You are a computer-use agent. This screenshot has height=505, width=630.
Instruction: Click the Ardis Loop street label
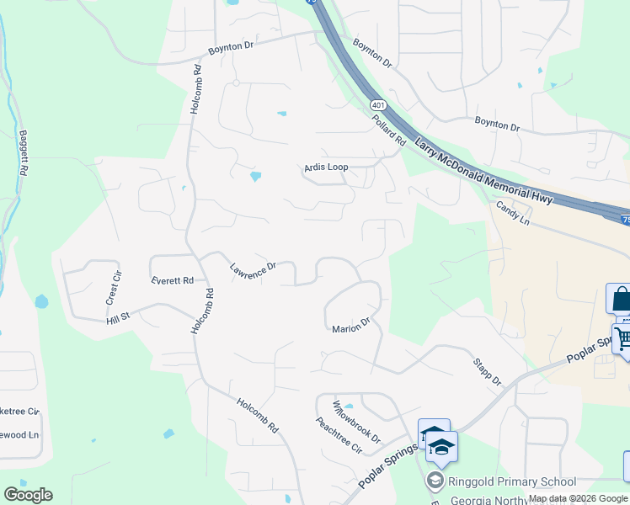click(x=326, y=167)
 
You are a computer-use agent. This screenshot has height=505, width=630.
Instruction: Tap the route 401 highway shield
click(x=377, y=105)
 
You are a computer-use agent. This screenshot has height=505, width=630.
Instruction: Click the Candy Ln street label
click(x=512, y=212)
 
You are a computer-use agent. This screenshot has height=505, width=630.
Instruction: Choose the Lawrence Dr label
click(x=253, y=269)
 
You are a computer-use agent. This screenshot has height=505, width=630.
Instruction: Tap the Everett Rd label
click(x=173, y=280)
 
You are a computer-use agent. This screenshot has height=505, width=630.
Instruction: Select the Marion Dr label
click(x=351, y=324)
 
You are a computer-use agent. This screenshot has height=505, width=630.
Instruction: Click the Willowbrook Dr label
click(x=356, y=423)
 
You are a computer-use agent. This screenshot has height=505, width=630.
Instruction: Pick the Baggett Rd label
click(x=24, y=152)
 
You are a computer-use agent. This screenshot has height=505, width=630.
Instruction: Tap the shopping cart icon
click(x=623, y=339)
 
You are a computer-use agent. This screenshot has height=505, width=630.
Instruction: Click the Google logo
click(x=28, y=495)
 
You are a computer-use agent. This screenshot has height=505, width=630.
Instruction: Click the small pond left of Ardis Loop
click(x=255, y=177)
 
